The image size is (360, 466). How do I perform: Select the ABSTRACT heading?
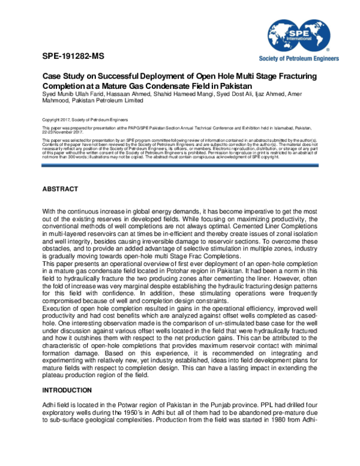coord(60,189)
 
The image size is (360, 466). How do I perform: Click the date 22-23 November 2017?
coord(62,133)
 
